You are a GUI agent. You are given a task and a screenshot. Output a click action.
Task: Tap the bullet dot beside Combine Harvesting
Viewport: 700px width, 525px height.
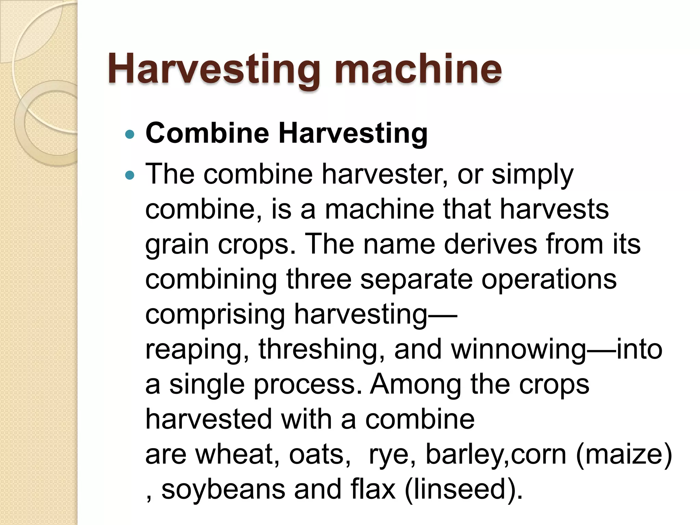[x=130, y=134]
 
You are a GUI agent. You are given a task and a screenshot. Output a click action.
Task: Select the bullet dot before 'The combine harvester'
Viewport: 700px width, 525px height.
[x=130, y=175]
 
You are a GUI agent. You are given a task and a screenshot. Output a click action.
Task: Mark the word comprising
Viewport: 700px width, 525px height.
[x=215, y=315]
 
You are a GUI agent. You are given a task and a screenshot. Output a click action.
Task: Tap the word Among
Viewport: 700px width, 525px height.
[x=416, y=384]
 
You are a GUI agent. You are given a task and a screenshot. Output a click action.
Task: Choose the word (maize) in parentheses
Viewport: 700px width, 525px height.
[x=624, y=455]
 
